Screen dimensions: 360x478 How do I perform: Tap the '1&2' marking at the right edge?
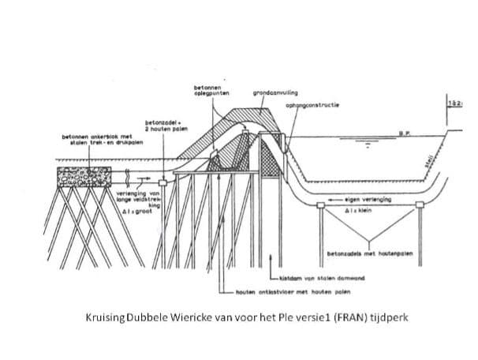click(455, 103)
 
